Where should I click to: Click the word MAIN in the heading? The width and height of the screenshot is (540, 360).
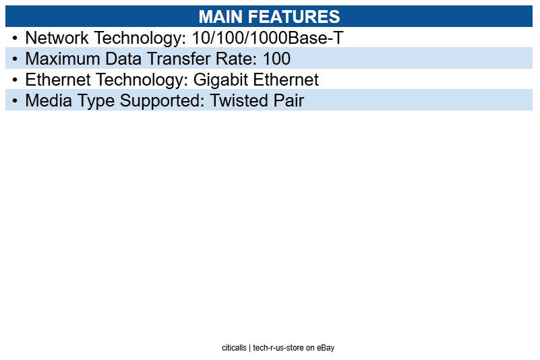[223, 17]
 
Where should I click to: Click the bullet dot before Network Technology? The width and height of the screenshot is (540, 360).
[15, 38]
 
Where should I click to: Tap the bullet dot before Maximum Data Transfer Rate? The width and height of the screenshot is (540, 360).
[15, 59]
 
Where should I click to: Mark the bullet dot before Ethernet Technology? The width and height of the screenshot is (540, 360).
[15, 80]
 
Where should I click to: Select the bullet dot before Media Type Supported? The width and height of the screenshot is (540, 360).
[15, 101]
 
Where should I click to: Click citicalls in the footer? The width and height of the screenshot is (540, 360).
[234, 348]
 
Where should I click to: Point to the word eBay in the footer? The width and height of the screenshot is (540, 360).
[326, 348]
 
